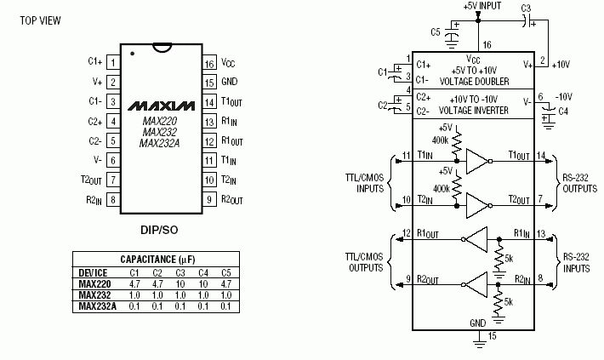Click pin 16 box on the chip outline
(209, 63)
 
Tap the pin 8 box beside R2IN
(113, 200)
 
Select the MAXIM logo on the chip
(162, 106)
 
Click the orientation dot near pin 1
(133, 54)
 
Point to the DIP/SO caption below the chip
(159, 230)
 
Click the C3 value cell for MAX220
(180, 284)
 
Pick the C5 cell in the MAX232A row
(225, 306)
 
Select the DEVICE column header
(93, 273)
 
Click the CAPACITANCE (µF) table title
(157, 259)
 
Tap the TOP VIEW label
(41, 20)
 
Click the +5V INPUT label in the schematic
(481, 6)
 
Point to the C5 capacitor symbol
(452, 34)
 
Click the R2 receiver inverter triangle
(475, 285)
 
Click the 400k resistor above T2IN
(457, 187)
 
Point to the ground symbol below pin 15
(479, 341)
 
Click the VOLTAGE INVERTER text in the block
(473, 111)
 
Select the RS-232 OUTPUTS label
(579, 183)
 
